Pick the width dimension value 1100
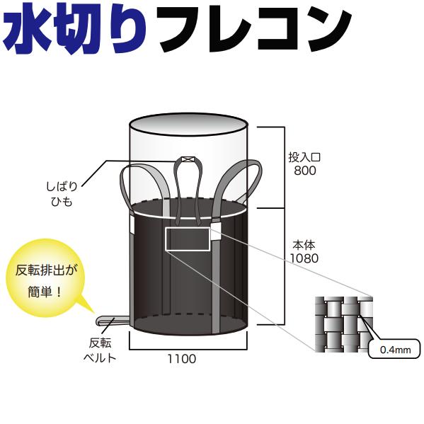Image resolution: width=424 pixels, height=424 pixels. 183,359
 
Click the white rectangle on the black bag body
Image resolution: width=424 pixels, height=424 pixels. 188,239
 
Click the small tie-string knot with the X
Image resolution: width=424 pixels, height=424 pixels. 188,160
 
